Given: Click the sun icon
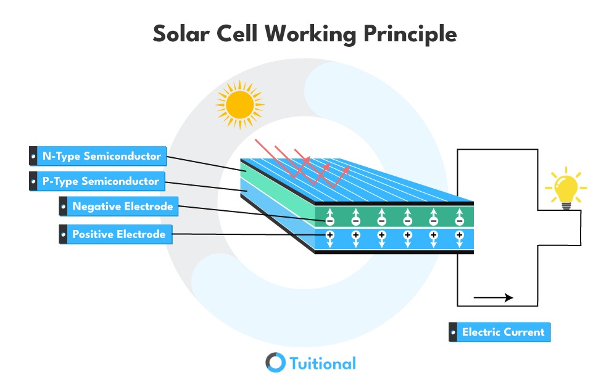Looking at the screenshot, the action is coord(239,104).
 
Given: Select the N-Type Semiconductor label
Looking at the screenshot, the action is coord(98,156).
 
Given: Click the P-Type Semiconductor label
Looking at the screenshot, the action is coord(97,181).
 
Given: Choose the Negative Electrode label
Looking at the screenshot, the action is coord(118,206).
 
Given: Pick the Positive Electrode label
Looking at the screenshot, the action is coord(116,234).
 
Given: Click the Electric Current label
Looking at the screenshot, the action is coord(499,332).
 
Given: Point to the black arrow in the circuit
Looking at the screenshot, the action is coord(493,298).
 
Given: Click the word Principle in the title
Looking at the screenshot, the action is coord(410,34).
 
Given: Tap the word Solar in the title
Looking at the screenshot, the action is coord(181,34).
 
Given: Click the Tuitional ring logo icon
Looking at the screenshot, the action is coord(275,363).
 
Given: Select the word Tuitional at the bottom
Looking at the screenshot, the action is coord(323,363).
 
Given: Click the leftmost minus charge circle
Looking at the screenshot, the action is coord(329,221).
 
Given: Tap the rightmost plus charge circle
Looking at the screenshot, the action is coord(460,235).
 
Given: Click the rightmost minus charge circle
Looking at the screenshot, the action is coord(460,221).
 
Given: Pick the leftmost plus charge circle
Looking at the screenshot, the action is coord(329,235).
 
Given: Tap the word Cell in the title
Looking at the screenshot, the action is coord(237,33).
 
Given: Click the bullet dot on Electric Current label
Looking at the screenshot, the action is coord(453,332).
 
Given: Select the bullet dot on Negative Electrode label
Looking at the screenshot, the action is coord(64,207).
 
